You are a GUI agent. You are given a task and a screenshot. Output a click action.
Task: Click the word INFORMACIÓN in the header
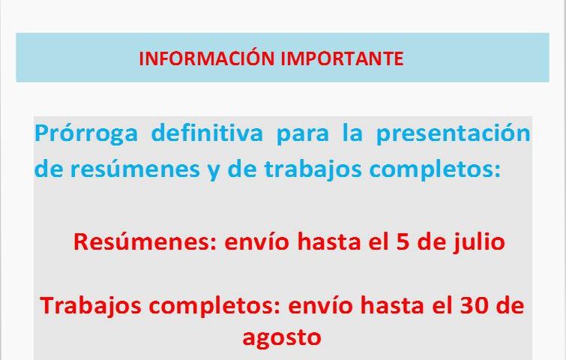(x=206, y=58)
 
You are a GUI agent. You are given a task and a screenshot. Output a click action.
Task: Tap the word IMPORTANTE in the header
(x=342, y=58)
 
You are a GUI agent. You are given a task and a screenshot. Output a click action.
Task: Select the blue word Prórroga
(x=86, y=134)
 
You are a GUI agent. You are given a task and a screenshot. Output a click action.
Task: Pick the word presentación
(x=454, y=133)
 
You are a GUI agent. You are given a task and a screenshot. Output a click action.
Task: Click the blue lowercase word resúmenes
(x=135, y=168)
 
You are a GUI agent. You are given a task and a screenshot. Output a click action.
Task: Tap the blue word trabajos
(x=313, y=169)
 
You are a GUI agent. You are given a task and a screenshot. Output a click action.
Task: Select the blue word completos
(x=436, y=169)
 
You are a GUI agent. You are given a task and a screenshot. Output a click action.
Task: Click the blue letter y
(x=214, y=171)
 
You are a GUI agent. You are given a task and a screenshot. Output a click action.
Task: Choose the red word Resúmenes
(x=145, y=241)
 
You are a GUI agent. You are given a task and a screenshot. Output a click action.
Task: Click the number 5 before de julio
(x=403, y=241)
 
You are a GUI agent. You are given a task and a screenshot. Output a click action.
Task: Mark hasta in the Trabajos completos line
(x=392, y=305)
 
